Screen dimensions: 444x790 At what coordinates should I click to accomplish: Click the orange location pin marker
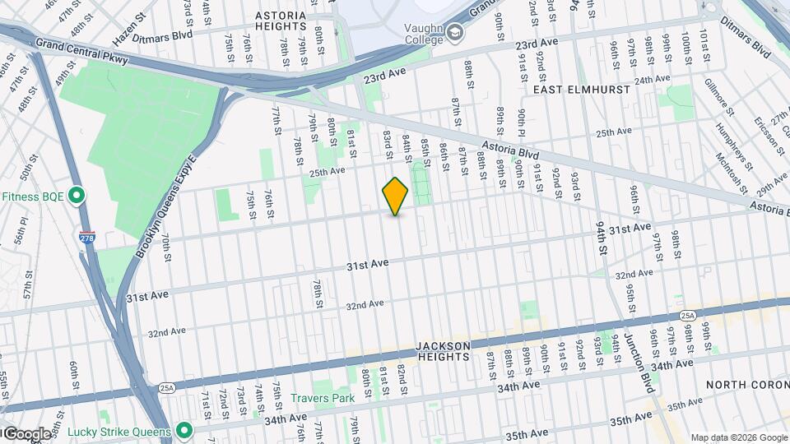(x=396, y=197)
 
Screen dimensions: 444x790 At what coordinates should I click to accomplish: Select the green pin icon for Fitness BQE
(x=77, y=196)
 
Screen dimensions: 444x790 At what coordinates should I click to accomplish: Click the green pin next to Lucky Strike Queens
(x=185, y=431)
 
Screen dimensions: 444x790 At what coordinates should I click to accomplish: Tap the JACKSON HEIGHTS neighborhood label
(x=442, y=351)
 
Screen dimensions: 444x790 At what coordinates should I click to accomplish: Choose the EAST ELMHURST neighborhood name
(x=581, y=89)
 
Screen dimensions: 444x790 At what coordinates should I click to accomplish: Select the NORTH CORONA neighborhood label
(x=747, y=385)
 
